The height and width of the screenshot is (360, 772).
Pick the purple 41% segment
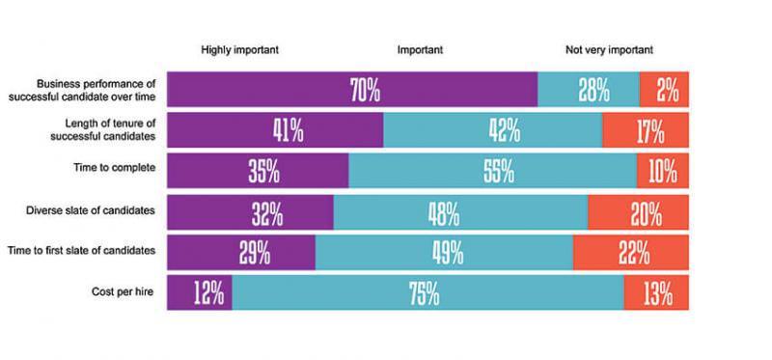[275, 129]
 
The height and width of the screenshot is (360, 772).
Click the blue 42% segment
[492, 129]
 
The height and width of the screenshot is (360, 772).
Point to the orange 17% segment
[646, 129]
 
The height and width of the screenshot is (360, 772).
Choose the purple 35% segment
[258, 171]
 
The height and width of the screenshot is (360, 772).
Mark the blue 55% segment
[492, 171]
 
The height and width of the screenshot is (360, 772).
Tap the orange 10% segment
[662, 171]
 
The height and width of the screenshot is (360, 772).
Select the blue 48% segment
[460, 211]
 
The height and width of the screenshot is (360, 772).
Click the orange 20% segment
[638, 211]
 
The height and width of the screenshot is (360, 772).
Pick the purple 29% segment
[241, 252]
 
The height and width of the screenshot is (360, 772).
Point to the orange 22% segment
[630, 252]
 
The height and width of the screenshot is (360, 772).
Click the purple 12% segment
[200, 292]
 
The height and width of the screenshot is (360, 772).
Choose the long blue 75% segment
[427, 292]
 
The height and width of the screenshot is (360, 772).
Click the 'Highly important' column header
[239, 49]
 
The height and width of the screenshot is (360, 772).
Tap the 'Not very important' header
[609, 49]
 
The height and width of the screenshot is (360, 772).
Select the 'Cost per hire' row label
[124, 291]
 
